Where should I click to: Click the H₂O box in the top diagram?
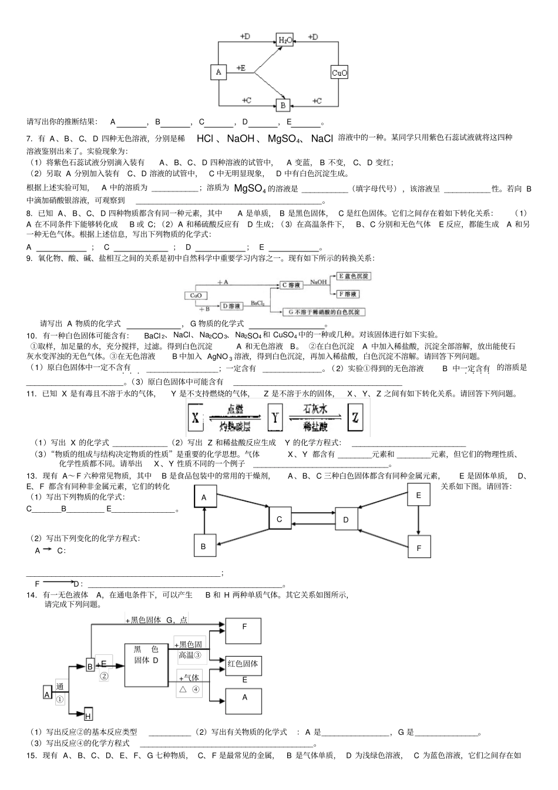(x=284, y=40)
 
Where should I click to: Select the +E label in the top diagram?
(x=241, y=68)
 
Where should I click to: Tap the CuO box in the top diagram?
(x=339, y=73)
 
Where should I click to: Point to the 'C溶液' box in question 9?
(x=292, y=285)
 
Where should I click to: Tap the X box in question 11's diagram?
(x=196, y=418)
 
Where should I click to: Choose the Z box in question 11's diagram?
(x=354, y=418)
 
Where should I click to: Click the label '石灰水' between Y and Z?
(x=315, y=409)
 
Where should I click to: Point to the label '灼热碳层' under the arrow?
(x=235, y=426)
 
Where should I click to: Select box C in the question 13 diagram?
(x=280, y=519)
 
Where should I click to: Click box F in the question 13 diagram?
(x=419, y=547)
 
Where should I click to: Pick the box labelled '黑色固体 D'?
(x=146, y=664)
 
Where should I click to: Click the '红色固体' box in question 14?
(x=243, y=664)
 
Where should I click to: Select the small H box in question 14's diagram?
(x=88, y=715)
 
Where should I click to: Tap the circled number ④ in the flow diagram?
(x=196, y=690)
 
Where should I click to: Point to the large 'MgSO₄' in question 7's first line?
(x=284, y=139)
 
